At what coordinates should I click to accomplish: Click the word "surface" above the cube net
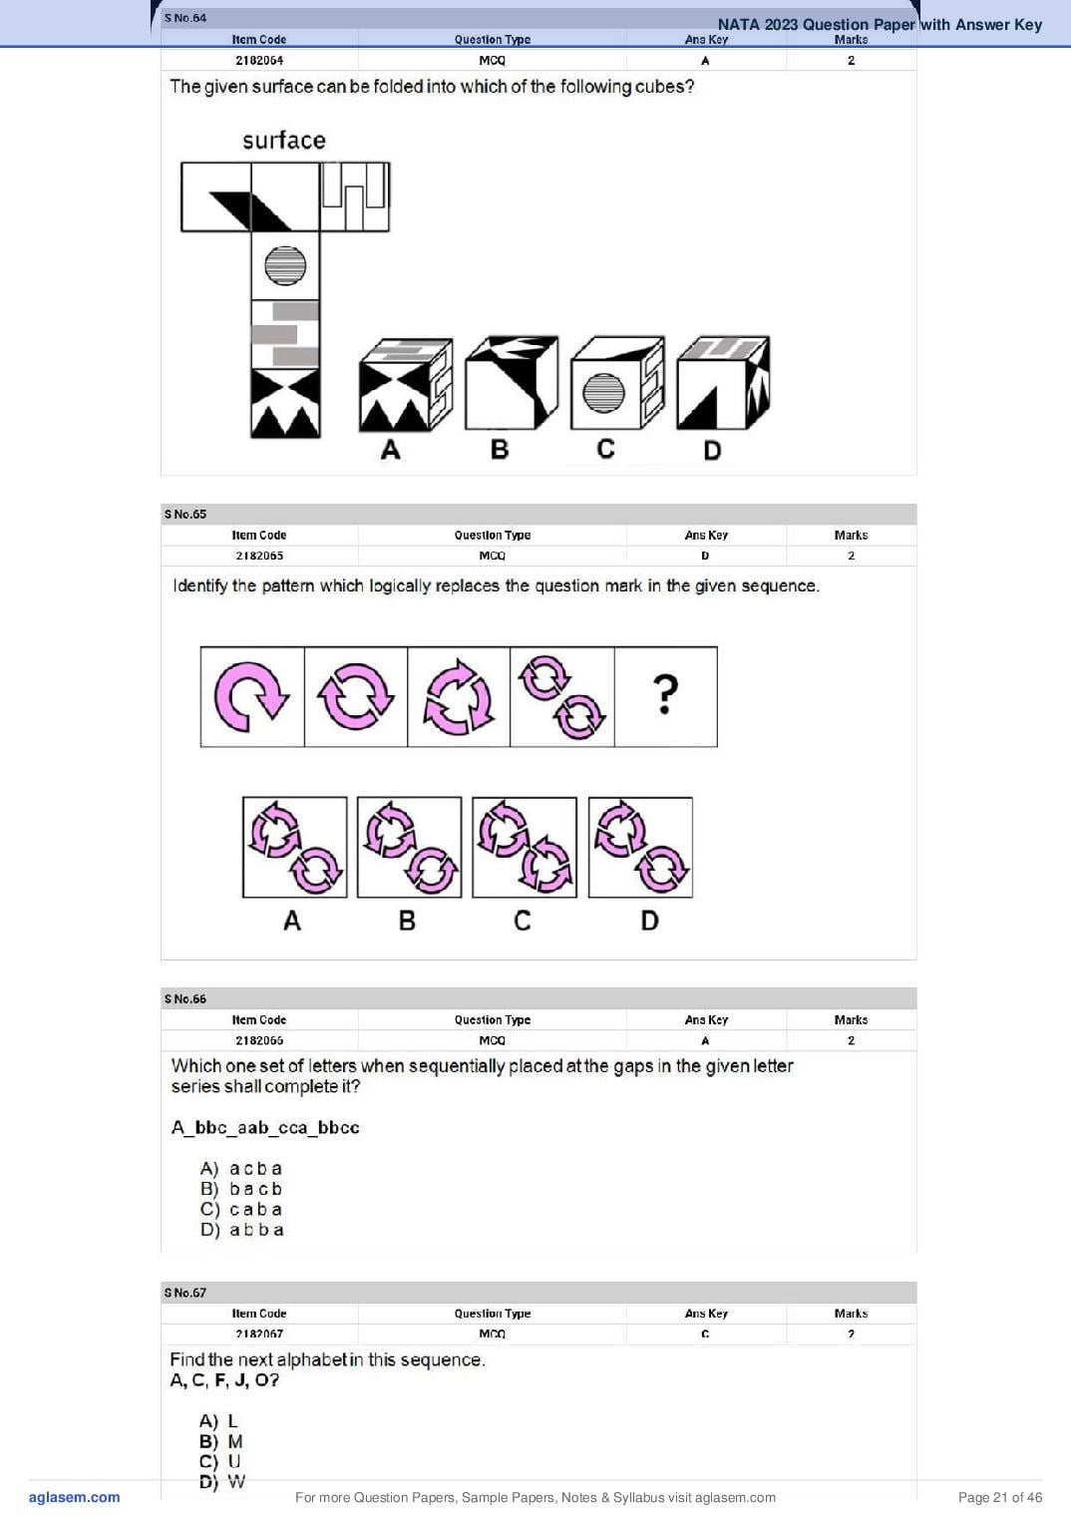click(284, 141)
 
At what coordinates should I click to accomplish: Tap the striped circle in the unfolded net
click(285, 265)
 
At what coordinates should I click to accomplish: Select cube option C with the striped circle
click(617, 383)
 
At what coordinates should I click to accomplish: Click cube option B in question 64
click(512, 382)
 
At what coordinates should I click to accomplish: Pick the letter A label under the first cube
click(390, 450)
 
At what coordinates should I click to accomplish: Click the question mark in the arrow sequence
click(665, 694)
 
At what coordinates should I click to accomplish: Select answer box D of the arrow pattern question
click(641, 848)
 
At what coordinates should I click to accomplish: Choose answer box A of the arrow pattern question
click(295, 848)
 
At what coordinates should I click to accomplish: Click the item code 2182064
click(259, 60)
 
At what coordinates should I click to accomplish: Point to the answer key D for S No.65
click(705, 556)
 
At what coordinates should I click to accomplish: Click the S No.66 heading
click(185, 999)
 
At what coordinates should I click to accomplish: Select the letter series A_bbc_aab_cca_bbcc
click(265, 1128)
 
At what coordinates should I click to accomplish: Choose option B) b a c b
click(241, 1189)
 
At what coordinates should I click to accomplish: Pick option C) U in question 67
click(220, 1462)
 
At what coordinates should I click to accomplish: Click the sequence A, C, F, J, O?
click(224, 1380)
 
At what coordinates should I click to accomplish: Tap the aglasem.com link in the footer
click(75, 1498)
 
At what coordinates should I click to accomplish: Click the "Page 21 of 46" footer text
click(1000, 1498)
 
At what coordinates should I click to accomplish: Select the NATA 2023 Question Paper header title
click(880, 25)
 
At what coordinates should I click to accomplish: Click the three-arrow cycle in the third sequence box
click(459, 697)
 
